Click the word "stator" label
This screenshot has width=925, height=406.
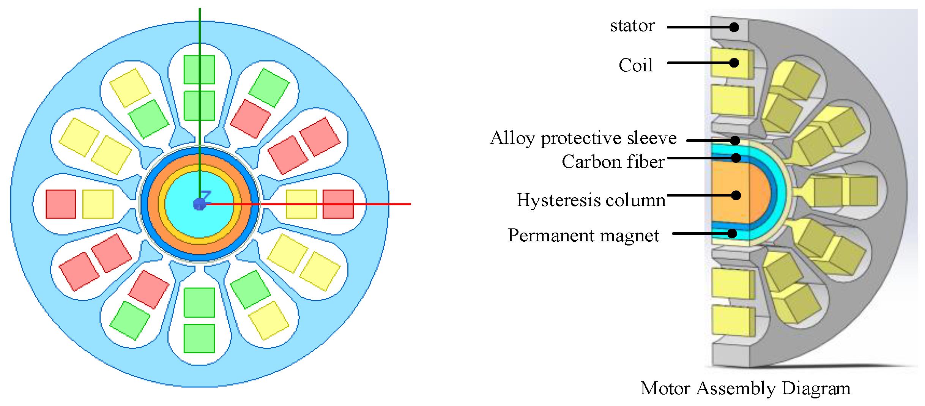[x=632, y=26]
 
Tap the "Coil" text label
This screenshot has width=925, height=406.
[x=636, y=65]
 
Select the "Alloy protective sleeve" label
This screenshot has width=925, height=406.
[x=583, y=138]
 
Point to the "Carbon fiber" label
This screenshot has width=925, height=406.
[x=613, y=162]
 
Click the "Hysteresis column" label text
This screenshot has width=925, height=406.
[x=591, y=200]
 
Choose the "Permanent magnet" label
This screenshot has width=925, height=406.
[x=583, y=236]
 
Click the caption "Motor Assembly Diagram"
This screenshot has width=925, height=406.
[x=745, y=388]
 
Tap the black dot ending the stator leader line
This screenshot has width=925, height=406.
[x=734, y=27]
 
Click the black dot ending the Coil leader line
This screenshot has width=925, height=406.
[x=734, y=63]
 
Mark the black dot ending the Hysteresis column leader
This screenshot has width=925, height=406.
[x=736, y=195]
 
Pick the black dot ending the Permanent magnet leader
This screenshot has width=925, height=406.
[x=732, y=233]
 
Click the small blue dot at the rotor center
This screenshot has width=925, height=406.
[x=199, y=204]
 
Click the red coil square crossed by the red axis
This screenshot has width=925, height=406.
[x=338, y=204]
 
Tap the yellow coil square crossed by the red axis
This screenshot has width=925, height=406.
[x=301, y=204]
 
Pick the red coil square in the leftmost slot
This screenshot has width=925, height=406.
[x=61, y=204]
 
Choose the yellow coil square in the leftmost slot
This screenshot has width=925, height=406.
[x=98, y=204]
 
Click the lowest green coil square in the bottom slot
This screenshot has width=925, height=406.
[x=199, y=338]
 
